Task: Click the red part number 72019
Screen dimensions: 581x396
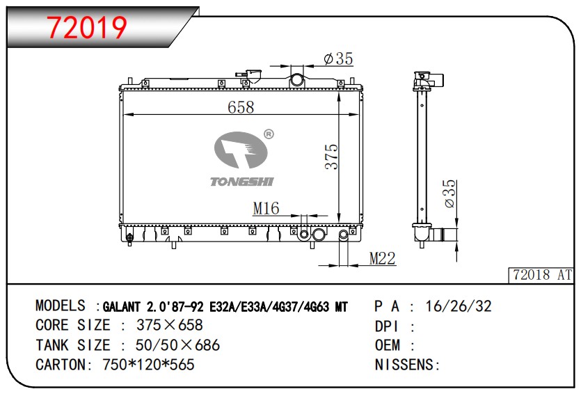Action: pos(87,27)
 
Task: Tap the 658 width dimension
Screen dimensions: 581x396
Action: pos(241,107)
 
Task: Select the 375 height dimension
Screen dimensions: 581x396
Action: pos(332,157)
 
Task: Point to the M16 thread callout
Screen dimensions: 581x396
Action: pos(266,208)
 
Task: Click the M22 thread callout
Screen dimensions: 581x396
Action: pos(383,258)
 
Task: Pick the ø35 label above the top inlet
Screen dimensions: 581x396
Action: pos(338,58)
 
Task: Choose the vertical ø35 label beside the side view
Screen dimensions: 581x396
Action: pos(449,194)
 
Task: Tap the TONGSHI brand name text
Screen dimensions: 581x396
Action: pos(242,182)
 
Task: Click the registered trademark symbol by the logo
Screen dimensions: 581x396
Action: pos(269,134)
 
